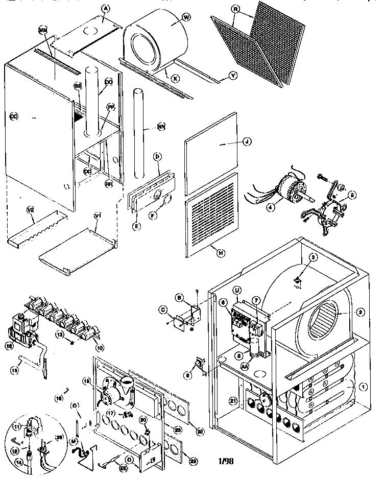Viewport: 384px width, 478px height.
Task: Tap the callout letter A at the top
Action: tap(106, 8)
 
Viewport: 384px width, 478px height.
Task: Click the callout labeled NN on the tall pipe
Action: tap(161, 127)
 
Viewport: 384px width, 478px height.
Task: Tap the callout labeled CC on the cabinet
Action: tap(14, 116)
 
